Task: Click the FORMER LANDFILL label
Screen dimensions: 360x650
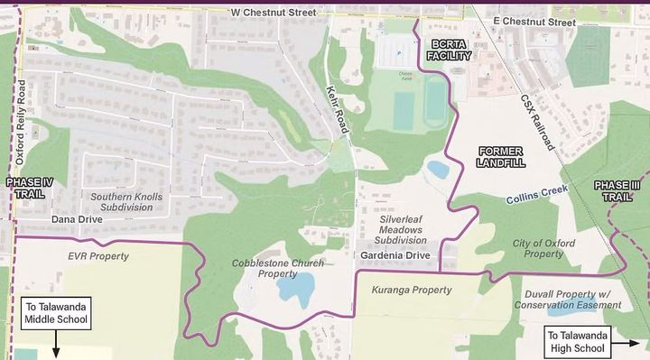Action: (x=501, y=157)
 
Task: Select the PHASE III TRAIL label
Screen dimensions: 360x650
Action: (x=620, y=190)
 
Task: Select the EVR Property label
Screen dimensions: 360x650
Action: (x=98, y=256)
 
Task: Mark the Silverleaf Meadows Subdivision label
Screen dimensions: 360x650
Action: (x=404, y=229)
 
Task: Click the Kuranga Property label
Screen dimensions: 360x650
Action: (x=411, y=290)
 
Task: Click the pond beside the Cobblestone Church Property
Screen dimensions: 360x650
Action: (x=294, y=290)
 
